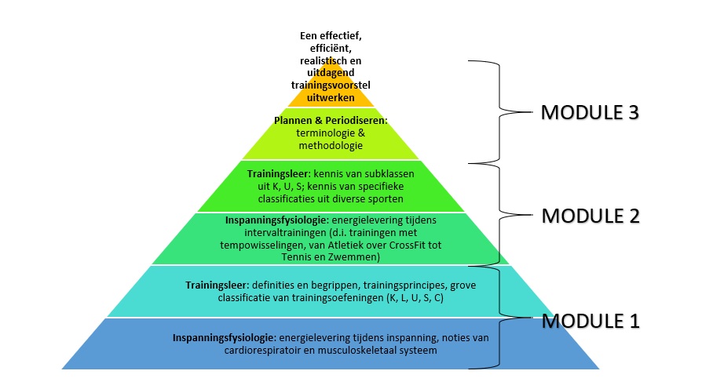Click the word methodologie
(330, 146)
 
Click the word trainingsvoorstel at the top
(330, 86)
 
